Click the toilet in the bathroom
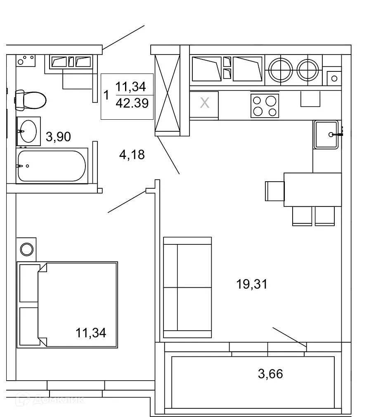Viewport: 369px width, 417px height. tap(31, 100)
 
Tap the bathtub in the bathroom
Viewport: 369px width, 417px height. tap(52, 166)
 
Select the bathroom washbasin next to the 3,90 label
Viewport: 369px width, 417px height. tap(28, 131)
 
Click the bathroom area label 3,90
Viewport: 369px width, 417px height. tap(58, 136)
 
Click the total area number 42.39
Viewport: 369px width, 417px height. tap(132, 103)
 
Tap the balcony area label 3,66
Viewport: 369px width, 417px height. tap(270, 374)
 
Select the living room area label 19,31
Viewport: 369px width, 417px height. tap(252, 284)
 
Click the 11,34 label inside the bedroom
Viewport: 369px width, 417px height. tap(90, 332)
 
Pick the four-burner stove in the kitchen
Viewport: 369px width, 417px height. tap(265, 106)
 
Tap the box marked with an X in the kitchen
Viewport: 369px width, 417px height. tap(204, 103)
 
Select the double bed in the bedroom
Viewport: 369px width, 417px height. tap(68, 304)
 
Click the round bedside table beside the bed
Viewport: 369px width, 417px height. tap(27, 249)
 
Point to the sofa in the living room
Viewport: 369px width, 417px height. tap(187, 287)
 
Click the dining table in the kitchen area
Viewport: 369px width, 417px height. tap(312, 190)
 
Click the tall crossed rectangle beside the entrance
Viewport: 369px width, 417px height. tap(167, 95)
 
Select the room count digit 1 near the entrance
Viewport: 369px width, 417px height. tap(106, 96)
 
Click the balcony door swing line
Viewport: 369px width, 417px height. tap(289, 336)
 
